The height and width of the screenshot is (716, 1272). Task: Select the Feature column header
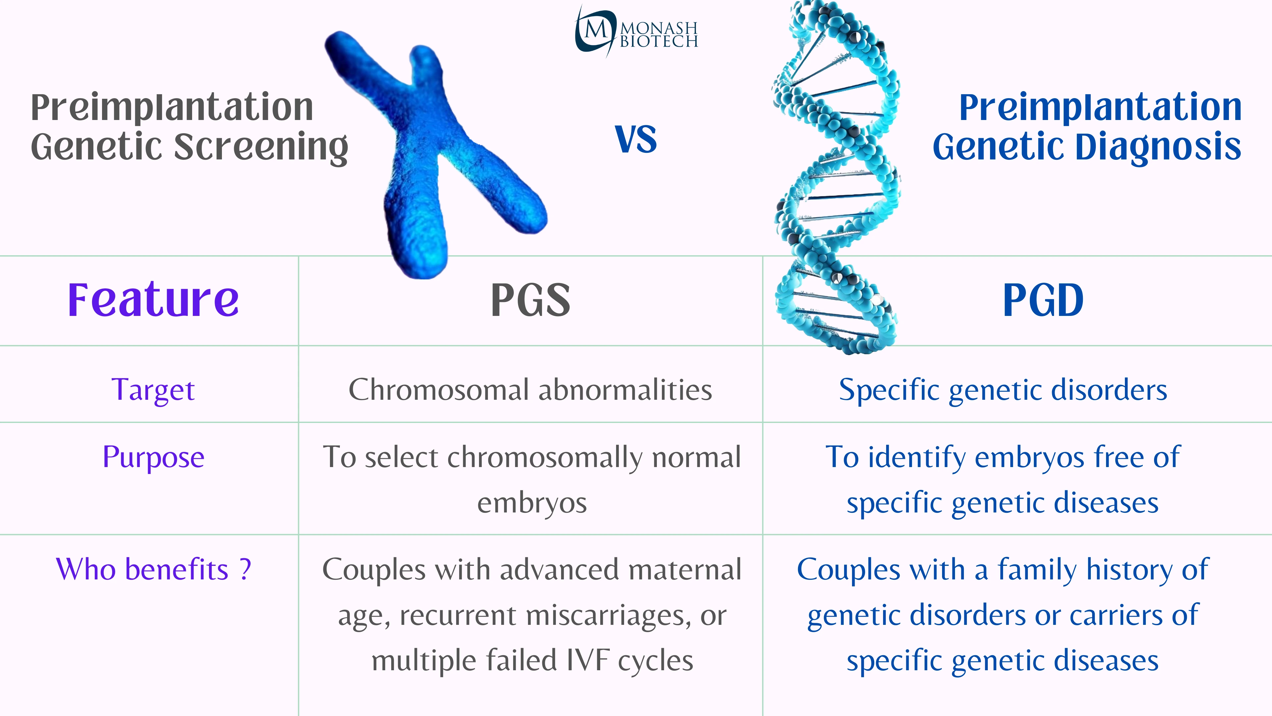(153, 300)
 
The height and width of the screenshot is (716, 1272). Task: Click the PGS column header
(530, 300)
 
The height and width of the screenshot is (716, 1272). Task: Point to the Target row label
(153, 390)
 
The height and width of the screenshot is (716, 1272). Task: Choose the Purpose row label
(153, 457)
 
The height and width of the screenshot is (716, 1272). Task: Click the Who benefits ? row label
(153, 569)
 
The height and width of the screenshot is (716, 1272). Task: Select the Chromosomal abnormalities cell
(530, 390)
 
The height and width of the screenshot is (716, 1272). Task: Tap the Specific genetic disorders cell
(1003, 390)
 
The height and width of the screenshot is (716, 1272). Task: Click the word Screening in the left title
(262, 147)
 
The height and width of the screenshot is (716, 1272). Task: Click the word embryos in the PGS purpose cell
(532, 504)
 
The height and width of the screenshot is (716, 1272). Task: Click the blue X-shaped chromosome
(435, 148)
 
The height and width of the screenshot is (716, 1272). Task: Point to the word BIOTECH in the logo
(659, 41)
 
